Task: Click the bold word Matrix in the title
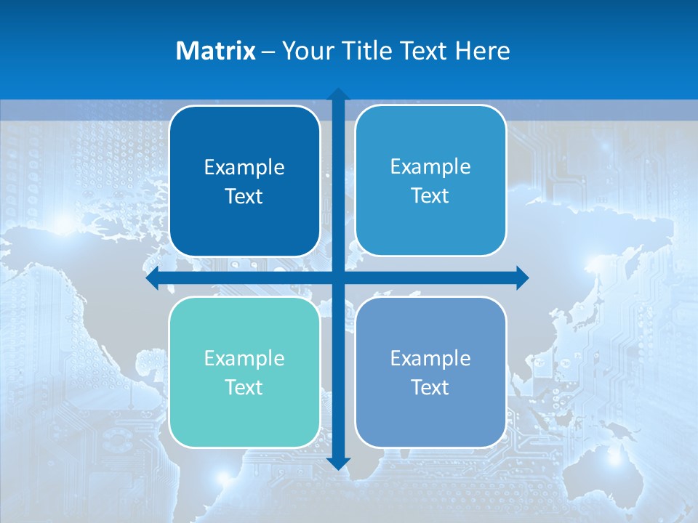216,51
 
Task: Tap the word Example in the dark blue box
244,168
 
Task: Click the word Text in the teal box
244,387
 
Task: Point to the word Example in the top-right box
430,166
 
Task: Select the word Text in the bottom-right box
430,387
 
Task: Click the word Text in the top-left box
244,196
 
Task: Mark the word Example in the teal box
244,358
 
